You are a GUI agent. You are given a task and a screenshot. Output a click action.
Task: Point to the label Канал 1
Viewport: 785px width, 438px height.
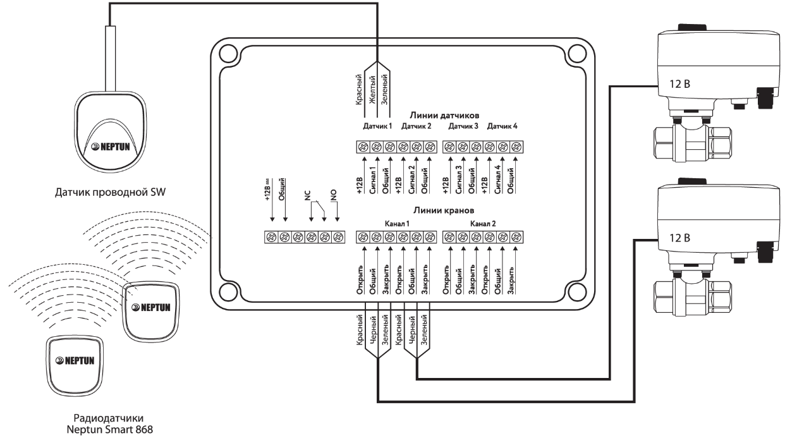click(x=396, y=223)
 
